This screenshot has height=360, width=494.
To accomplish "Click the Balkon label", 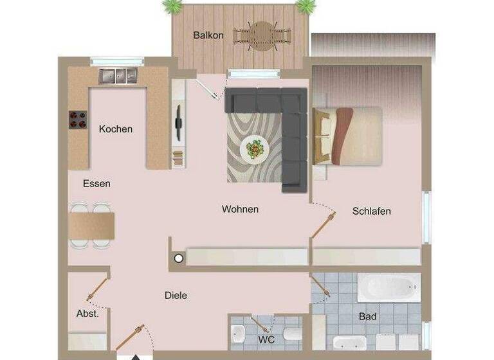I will coord(208,35).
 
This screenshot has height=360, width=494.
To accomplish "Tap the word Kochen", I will coord(116,129).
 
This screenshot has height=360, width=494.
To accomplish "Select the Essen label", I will coord(96,184).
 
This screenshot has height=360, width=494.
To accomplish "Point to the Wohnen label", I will coord(240,210).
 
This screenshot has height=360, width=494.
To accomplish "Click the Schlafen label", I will coord(371,212).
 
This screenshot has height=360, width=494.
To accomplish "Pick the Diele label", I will coord(176,296).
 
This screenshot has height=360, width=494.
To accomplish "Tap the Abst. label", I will coord(87,314).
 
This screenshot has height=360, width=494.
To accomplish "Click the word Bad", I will coord(368,317).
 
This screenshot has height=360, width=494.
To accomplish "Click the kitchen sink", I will coord(118,76).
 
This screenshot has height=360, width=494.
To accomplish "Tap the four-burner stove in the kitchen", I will coord(78,120).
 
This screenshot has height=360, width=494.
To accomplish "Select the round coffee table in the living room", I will coord(255,149).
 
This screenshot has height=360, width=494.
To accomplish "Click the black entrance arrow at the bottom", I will coord(136,355).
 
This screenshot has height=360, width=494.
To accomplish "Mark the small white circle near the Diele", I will coord(179,258).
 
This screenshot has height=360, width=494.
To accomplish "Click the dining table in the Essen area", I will coord(92,225).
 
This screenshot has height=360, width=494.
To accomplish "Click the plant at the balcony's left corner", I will coord(172,6).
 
